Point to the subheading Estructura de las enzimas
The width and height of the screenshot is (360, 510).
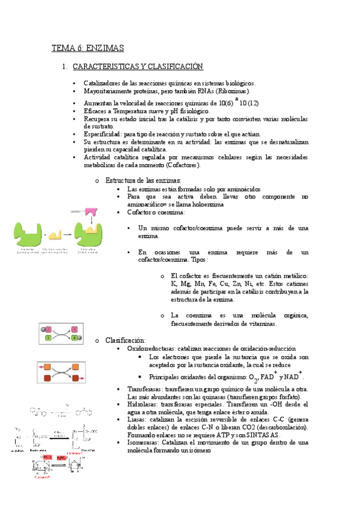coord(143,180)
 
